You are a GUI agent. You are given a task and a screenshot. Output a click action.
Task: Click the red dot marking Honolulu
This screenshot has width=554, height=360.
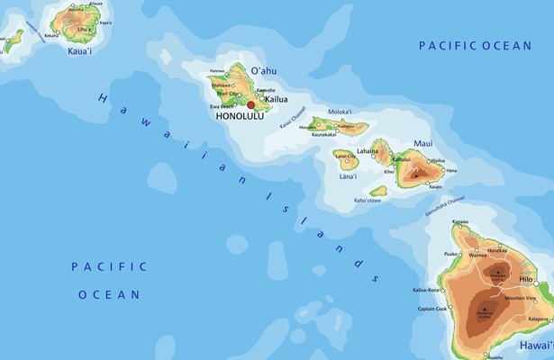click(x=251, y=105)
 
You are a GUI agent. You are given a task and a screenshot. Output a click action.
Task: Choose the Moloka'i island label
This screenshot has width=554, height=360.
click(x=339, y=112)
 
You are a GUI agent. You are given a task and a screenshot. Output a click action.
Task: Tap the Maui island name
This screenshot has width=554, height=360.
click(x=423, y=144)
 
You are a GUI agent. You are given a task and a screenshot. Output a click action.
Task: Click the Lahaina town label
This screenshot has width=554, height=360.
click(x=368, y=151)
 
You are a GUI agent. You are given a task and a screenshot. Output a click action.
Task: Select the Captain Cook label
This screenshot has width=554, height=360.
click(x=432, y=310)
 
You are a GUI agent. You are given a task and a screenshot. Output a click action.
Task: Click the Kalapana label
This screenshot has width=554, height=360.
click(x=540, y=319)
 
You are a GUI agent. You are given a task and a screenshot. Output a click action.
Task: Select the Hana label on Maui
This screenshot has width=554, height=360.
click(x=450, y=170)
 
